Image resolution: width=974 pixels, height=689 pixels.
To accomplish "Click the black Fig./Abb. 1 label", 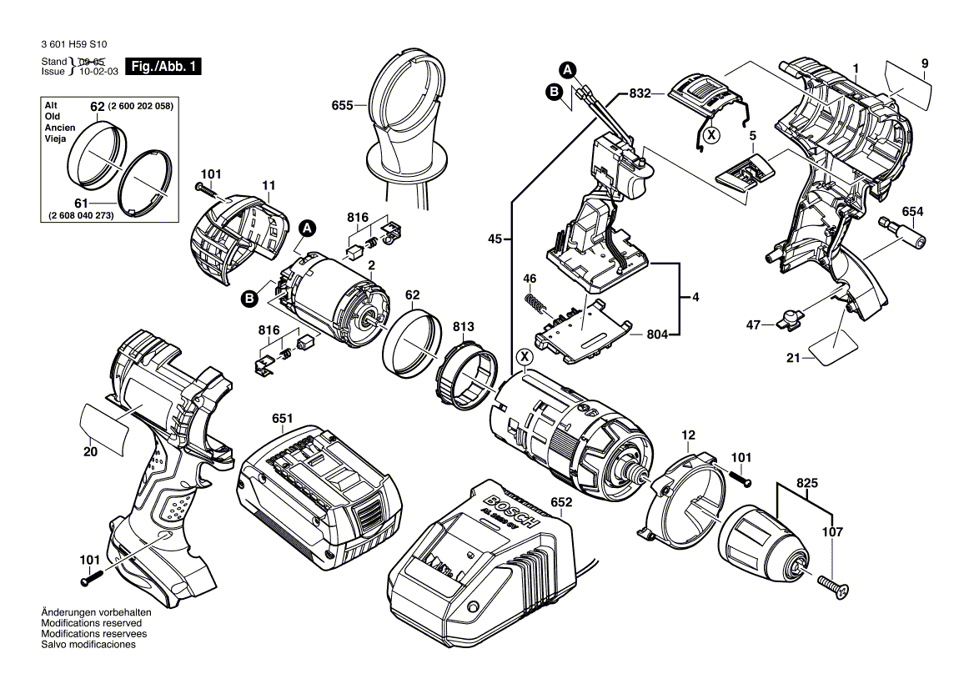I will [x=163, y=67].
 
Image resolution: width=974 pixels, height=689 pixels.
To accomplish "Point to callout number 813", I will [x=464, y=326].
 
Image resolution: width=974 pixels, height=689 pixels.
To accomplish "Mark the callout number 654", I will [x=913, y=212].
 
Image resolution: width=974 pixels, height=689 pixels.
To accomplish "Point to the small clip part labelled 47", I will [x=788, y=317].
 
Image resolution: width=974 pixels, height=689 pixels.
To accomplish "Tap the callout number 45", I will [x=495, y=239].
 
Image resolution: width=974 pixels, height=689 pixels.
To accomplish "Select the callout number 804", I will [x=658, y=334].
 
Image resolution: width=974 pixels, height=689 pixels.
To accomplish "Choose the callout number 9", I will [x=925, y=63].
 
